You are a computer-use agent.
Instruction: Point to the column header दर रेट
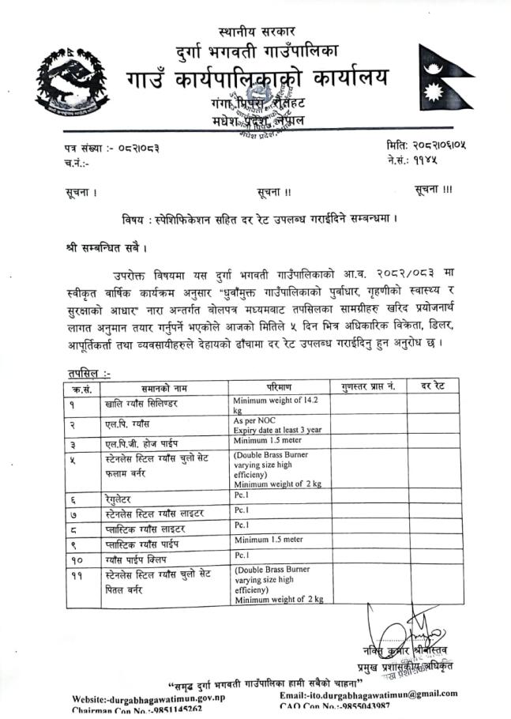point(434,386)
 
